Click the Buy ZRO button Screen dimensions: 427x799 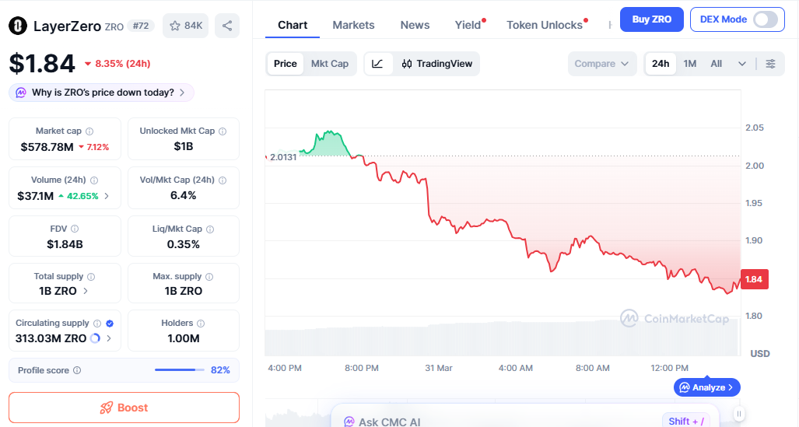pos(651,19)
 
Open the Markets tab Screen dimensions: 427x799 pos(353,25)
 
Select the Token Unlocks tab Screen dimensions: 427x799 pos(545,25)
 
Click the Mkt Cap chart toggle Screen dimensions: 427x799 pos(330,64)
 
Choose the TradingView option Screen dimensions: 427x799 pos(436,64)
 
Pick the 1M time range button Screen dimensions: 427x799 pos(690,64)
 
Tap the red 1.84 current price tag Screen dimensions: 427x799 pos(753,280)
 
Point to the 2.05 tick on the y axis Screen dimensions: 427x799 pos(754,128)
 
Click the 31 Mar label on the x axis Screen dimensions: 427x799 pos(439,368)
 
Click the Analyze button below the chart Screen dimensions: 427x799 pos(707,387)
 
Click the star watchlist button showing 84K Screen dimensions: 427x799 pos(187,26)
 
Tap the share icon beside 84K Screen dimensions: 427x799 pos(227,26)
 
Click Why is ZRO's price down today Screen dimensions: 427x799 pos(102,93)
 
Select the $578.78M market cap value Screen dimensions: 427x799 pos(47,147)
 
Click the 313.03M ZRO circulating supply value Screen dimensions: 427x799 pos(51,338)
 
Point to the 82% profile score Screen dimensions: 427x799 pos(220,370)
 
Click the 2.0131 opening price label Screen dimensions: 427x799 pos(283,157)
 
